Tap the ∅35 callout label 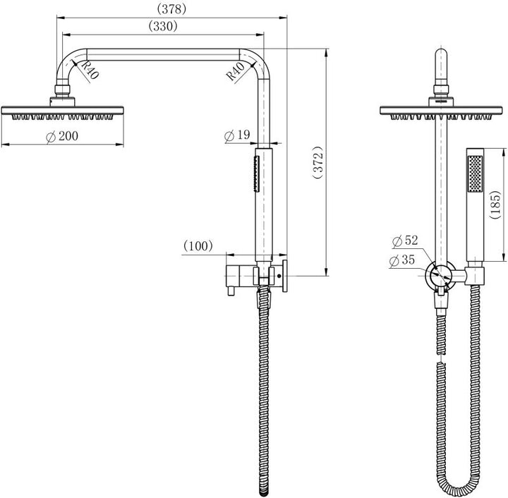[x=405, y=261]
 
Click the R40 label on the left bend [x=87, y=71]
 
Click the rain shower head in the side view [x=64, y=111]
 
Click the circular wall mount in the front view [x=442, y=274]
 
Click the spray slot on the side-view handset [x=255, y=174]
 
